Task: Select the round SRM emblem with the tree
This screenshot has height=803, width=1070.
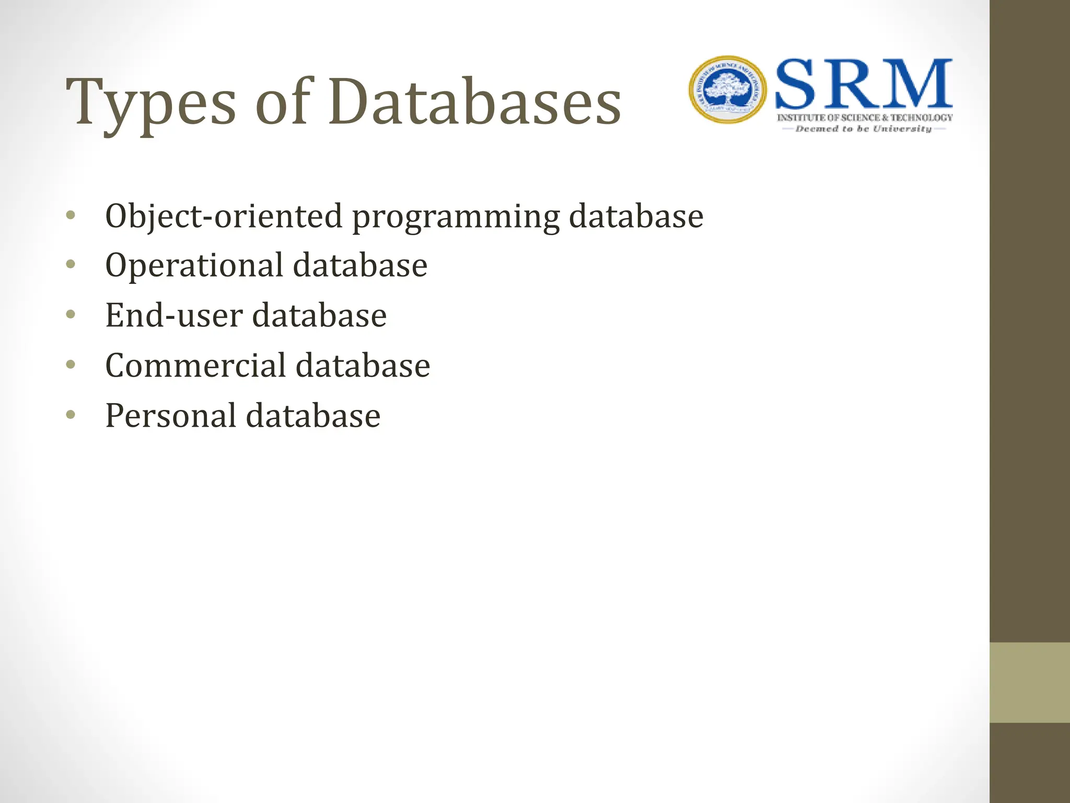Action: [x=728, y=90]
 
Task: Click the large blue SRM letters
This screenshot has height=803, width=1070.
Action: [x=864, y=85]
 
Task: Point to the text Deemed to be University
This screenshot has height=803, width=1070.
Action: [x=864, y=129]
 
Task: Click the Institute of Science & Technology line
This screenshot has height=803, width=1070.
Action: [x=865, y=118]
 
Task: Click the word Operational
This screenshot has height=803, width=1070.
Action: [x=194, y=266]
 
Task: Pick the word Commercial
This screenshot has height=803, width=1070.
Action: [x=195, y=365]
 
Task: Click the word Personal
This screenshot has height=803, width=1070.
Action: [x=171, y=416]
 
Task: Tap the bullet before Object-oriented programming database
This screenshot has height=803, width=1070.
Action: [x=71, y=215]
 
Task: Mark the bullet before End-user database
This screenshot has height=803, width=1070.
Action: [x=71, y=314]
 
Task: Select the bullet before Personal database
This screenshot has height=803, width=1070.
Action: [x=71, y=415]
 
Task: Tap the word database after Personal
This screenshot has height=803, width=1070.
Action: [x=313, y=416]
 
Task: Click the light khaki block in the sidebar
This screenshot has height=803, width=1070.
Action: [x=1029, y=682]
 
